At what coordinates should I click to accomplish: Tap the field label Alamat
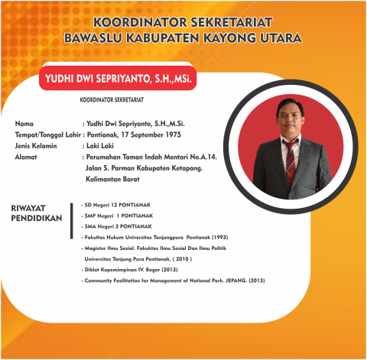click(x=27, y=157)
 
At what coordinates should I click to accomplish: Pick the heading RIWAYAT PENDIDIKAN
click(x=34, y=214)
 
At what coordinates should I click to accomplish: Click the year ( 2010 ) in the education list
click(x=177, y=259)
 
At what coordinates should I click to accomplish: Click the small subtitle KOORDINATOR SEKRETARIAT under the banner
click(x=112, y=99)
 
